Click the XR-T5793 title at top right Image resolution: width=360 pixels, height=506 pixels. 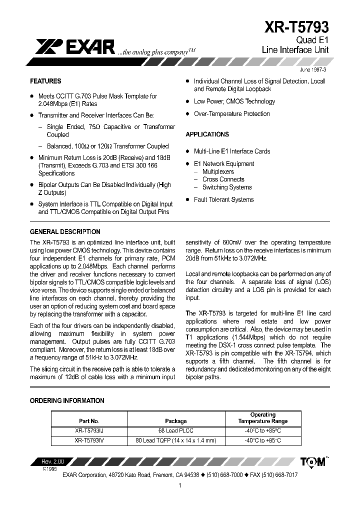297,26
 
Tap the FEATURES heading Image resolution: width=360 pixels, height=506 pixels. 45,81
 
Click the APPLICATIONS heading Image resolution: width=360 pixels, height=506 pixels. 207,134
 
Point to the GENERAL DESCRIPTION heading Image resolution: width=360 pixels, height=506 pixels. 65,231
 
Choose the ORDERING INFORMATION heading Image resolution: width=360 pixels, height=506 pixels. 67,400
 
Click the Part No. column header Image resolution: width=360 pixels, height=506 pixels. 89,421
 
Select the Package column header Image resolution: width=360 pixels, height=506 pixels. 175,421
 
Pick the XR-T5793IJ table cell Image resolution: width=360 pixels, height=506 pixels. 89,430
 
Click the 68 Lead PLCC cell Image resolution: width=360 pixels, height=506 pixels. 175,430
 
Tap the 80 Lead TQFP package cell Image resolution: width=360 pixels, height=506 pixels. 175,440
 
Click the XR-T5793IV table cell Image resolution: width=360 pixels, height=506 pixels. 89,440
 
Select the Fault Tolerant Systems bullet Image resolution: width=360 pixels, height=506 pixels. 223,199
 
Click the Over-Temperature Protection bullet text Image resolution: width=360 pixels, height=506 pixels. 231,114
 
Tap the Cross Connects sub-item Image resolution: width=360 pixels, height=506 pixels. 223,179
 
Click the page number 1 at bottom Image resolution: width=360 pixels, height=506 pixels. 179,485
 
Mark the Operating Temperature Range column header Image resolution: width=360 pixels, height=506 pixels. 262,418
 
